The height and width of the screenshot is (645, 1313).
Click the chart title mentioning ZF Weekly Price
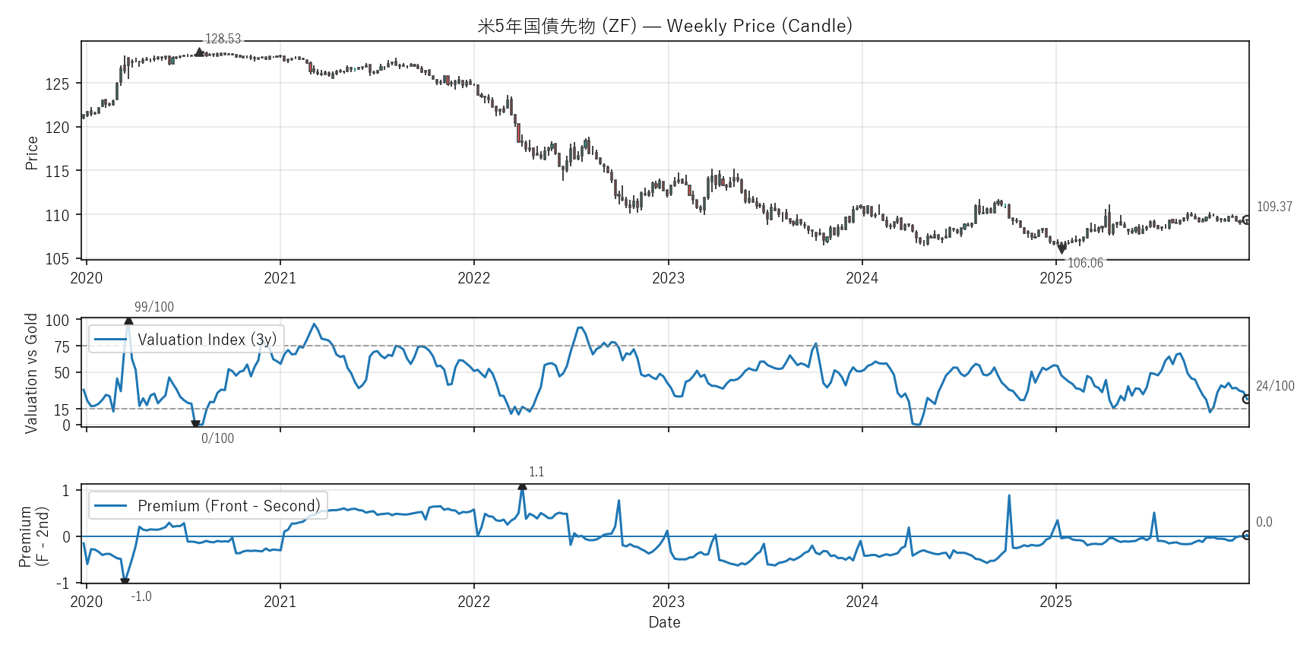664,26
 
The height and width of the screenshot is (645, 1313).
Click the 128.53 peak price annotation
223,39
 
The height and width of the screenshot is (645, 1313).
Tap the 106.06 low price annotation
1085,263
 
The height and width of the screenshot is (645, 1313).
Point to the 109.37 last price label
1274,207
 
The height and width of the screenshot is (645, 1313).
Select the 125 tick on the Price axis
57,84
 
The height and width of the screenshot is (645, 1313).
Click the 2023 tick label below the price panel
668,278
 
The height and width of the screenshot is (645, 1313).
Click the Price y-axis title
32,153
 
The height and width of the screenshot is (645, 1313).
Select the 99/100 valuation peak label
154,307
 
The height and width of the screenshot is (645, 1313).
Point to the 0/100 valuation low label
217,438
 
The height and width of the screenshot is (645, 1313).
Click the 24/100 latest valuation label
1275,386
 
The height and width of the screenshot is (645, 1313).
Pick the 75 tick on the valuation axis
62,346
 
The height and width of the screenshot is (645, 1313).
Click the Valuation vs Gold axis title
31,373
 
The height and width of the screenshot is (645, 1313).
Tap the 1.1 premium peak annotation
536,472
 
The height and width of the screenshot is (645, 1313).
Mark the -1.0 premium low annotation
141,596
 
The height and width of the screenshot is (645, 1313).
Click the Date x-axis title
664,622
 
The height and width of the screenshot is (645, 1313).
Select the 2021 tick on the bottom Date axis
280,602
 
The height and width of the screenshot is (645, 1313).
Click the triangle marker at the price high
199,52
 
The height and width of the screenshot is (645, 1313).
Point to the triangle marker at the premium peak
522,485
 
